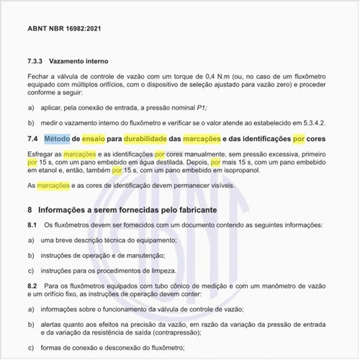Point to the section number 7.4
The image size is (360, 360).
click(x=33, y=138)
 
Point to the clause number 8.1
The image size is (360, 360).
click(x=32, y=225)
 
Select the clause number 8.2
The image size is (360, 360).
click(x=32, y=287)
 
